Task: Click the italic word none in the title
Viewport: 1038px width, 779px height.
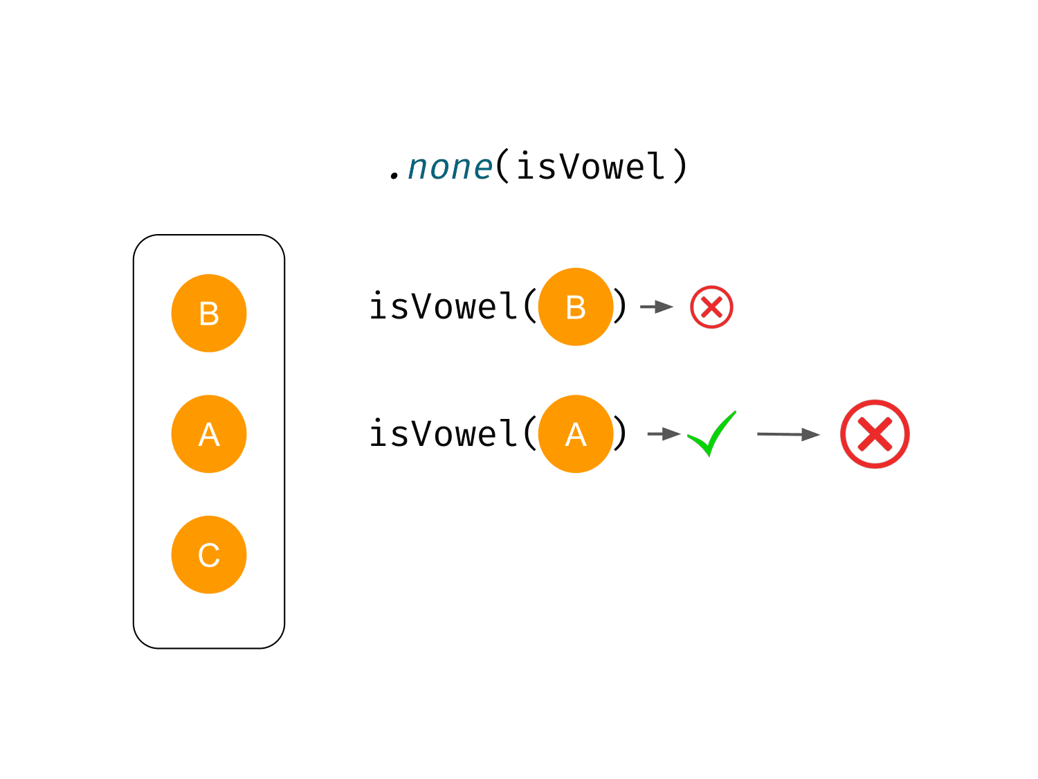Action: pyautogui.click(x=450, y=168)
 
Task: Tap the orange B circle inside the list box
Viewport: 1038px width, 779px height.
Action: pyautogui.click(x=208, y=313)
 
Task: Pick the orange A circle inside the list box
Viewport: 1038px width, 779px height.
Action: pyautogui.click(x=208, y=433)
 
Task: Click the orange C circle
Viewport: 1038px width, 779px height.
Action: pyautogui.click(x=208, y=555)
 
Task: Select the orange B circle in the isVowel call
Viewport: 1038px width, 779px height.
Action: pyautogui.click(x=576, y=307)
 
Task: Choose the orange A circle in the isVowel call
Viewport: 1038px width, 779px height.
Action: pyautogui.click(x=576, y=433)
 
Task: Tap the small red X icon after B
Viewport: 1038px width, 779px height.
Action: pyautogui.click(x=711, y=307)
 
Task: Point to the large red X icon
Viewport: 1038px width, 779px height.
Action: pyautogui.click(x=875, y=434)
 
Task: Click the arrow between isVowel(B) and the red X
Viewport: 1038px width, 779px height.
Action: pyautogui.click(x=657, y=307)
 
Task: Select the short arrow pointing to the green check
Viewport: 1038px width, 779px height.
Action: pyautogui.click(x=664, y=433)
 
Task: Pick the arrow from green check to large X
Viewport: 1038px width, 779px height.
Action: pyautogui.click(x=788, y=434)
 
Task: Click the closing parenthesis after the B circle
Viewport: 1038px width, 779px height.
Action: pyautogui.click(x=620, y=307)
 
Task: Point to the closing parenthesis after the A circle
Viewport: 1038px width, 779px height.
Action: pyautogui.click(x=620, y=433)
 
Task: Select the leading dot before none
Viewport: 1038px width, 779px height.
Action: pyautogui.click(x=394, y=177)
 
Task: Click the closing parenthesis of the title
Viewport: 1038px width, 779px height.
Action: pyautogui.click(x=680, y=165)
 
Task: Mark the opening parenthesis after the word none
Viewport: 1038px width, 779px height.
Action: pyautogui.click(x=502, y=165)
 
